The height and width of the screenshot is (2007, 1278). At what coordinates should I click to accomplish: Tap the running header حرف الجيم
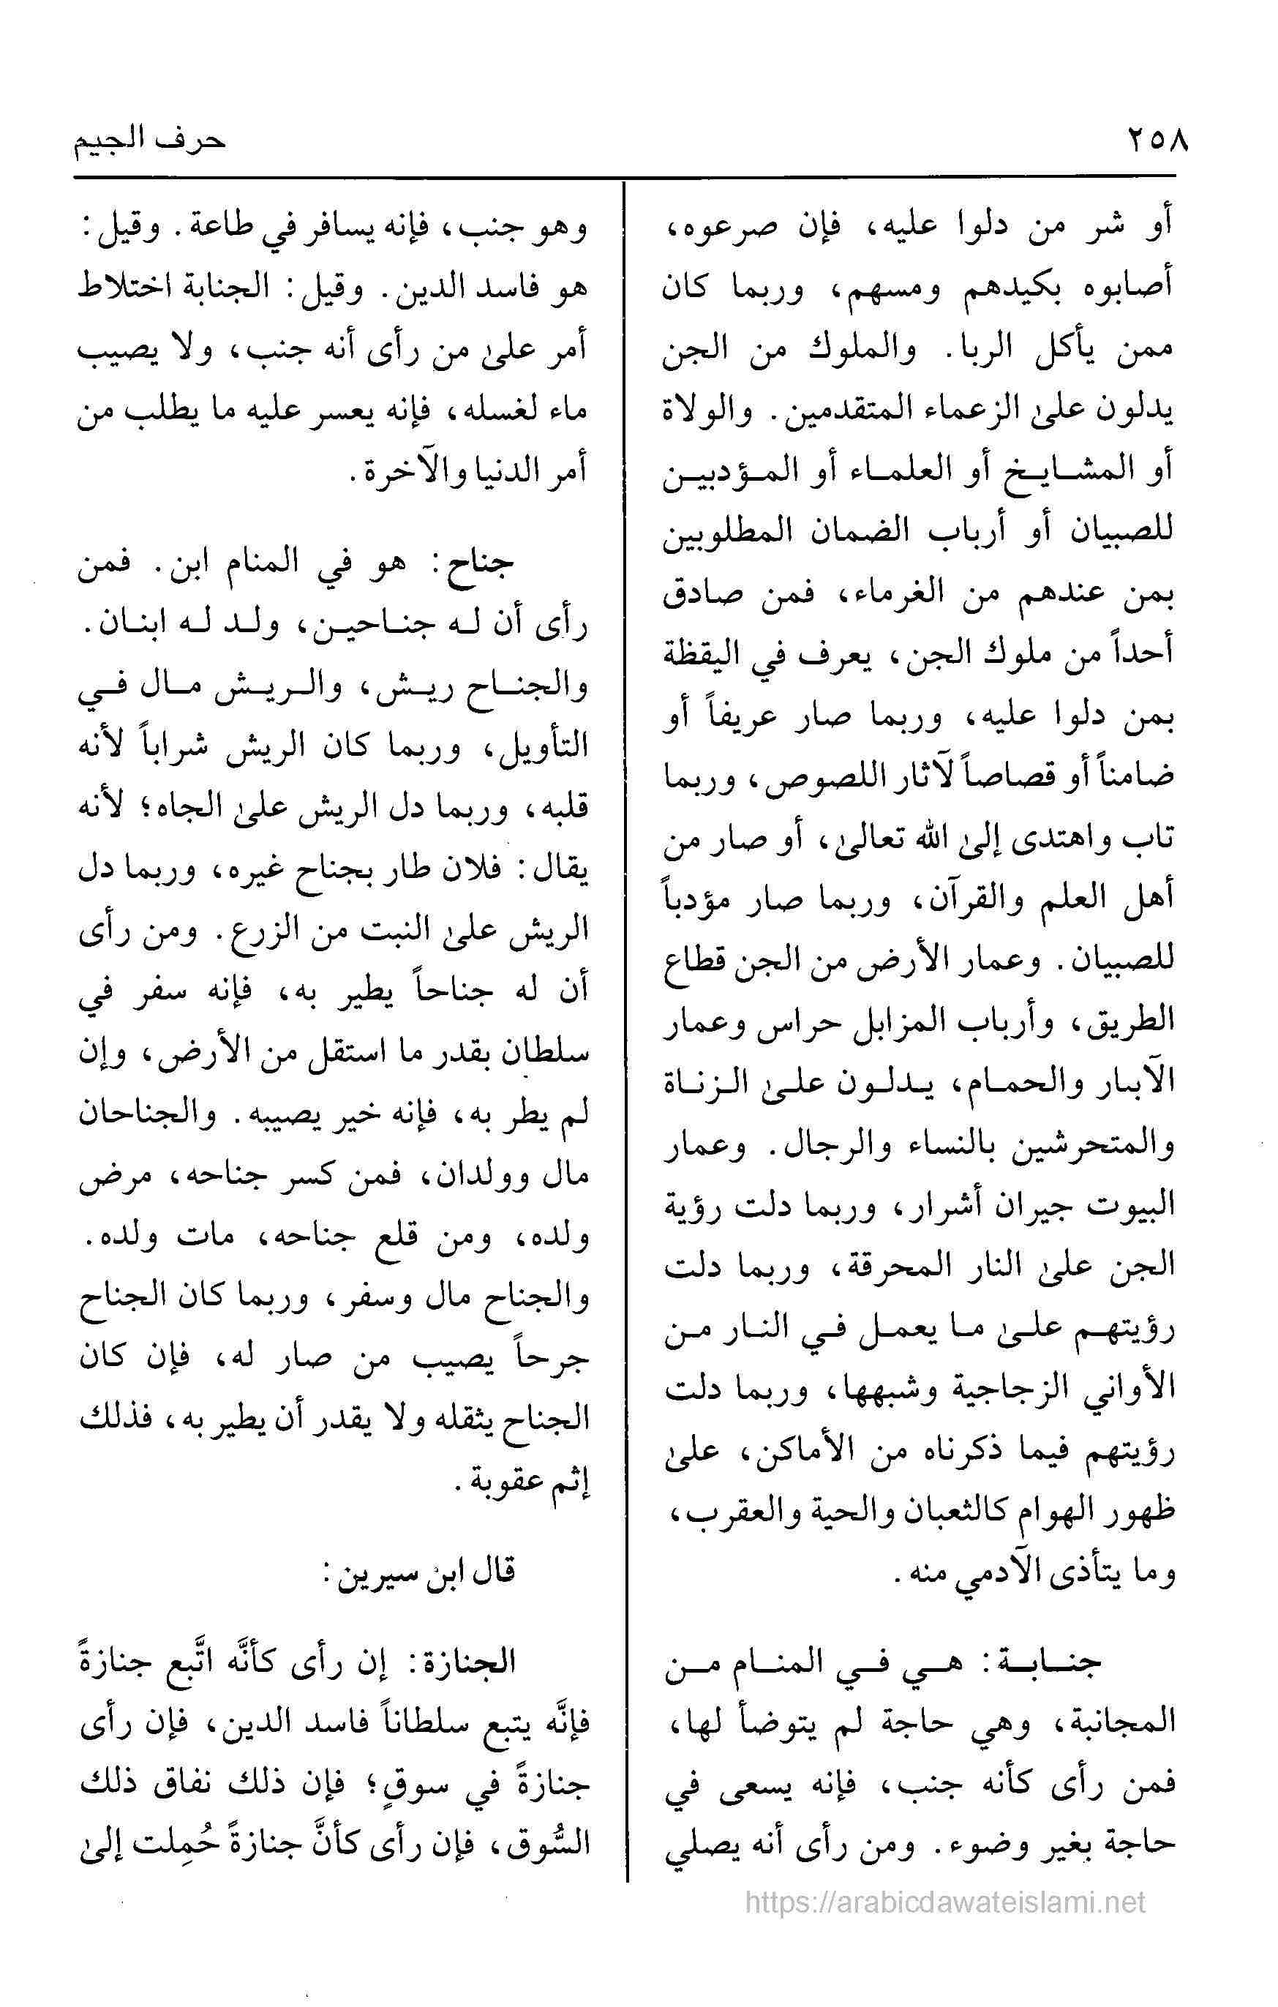149,138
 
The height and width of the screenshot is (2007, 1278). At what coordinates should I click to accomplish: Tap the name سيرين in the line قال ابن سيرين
375,1572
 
